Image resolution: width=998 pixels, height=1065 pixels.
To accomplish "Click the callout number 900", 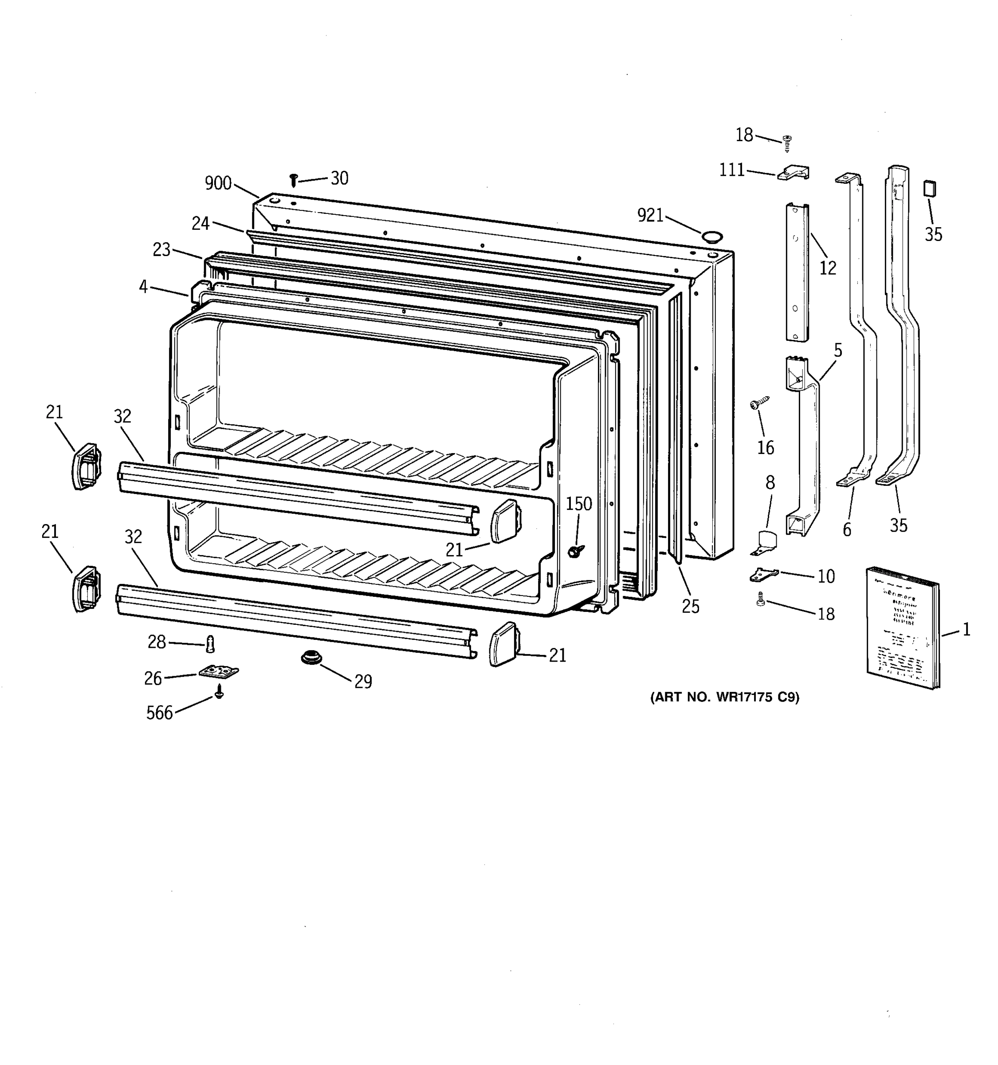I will (x=218, y=184).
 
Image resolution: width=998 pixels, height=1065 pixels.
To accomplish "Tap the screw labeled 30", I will (x=293, y=180).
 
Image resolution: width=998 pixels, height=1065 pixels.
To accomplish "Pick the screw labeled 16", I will (x=759, y=402).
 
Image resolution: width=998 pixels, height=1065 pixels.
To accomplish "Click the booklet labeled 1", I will (x=902, y=627).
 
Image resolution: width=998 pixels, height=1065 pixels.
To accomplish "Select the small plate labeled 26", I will (x=218, y=671).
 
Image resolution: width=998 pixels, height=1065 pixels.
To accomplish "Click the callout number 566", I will (x=160, y=713).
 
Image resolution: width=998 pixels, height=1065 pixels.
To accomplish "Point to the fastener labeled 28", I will (x=210, y=643).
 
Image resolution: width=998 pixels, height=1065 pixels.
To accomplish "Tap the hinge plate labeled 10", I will (x=763, y=574).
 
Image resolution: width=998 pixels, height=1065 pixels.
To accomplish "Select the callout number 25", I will (x=690, y=607).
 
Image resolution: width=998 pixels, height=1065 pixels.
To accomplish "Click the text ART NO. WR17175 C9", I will (x=724, y=697).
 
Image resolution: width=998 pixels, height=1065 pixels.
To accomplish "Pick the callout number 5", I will (x=837, y=351).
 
